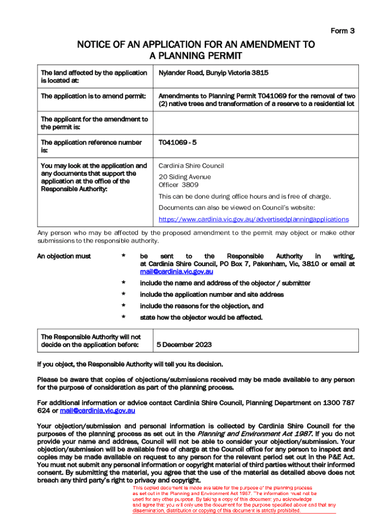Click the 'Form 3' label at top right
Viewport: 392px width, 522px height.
tap(343, 31)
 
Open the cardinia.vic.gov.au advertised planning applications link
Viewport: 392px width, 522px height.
tap(254, 219)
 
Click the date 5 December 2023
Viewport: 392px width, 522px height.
tap(184, 345)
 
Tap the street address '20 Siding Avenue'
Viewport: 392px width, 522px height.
tap(184, 177)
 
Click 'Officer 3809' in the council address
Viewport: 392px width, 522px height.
tap(178, 185)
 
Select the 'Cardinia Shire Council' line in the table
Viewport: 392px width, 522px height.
tap(191, 166)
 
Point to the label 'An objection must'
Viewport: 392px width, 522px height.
tap(64, 256)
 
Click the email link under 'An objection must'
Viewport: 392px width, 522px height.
tap(174, 272)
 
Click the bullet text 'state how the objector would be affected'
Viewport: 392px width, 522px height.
tap(201, 318)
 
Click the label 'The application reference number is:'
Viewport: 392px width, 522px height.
tap(91, 146)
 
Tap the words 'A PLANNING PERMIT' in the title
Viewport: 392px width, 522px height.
tap(195, 56)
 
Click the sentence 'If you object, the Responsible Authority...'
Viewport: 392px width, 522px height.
tap(130, 364)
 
